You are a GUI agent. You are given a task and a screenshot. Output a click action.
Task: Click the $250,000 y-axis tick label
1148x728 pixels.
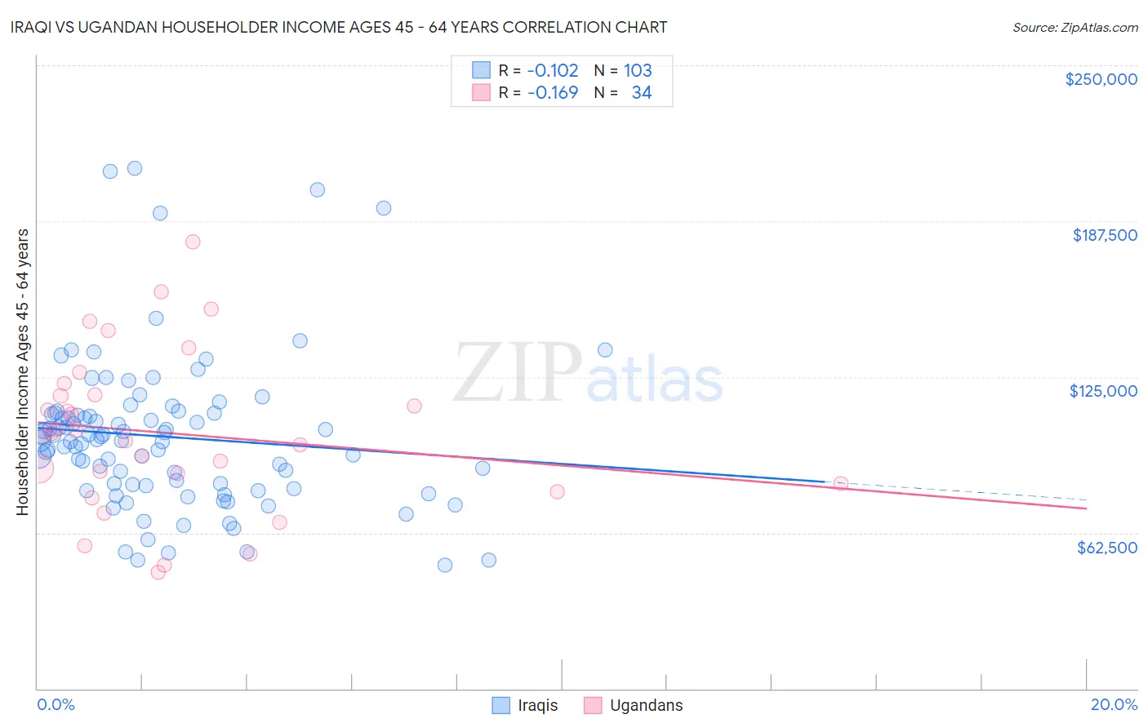pyautogui.click(x=1101, y=79)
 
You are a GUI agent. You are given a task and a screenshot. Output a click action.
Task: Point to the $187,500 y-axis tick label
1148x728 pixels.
pyautogui.click(x=1104, y=235)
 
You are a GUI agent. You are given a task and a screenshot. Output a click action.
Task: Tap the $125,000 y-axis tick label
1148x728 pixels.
pyautogui.click(x=1103, y=391)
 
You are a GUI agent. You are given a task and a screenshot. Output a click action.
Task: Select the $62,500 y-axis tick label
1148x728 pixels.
pyautogui.click(x=1106, y=548)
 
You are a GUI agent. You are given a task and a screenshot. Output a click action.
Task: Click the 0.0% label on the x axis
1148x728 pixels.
pyautogui.click(x=56, y=704)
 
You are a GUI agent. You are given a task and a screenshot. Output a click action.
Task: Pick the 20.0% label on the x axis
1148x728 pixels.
pyautogui.click(x=1114, y=704)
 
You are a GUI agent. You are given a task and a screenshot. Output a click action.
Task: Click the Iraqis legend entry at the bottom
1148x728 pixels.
pyautogui.click(x=537, y=705)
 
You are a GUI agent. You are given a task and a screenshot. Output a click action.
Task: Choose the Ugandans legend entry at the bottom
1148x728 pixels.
pyautogui.click(x=646, y=705)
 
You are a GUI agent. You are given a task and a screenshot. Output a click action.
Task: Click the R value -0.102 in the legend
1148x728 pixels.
pyautogui.click(x=553, y=70)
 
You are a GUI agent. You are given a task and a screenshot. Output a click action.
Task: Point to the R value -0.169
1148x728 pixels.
pyautogui.click(x=553, y=93)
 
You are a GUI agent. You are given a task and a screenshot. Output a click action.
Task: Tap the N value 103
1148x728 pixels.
pyautogui.click(x=638, y=70)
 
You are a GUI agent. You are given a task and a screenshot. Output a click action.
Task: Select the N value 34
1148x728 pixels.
pyautogui.click(x=642, y=93)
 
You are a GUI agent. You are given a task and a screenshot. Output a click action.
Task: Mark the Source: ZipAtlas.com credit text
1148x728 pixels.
pyautogui.click(x=1075, y=28)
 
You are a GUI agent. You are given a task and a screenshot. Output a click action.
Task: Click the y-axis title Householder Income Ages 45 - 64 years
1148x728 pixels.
pyautogui.click(x=23, y=372)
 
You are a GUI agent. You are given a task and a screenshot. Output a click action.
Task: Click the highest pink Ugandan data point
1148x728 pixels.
pyautogui.click(x=193, y=242)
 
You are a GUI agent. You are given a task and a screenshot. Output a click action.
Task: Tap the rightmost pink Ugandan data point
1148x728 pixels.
pyautogui.click(x=840, y=483)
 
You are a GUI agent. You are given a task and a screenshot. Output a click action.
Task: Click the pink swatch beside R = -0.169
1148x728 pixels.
pyautogui.click(x=482, y=93)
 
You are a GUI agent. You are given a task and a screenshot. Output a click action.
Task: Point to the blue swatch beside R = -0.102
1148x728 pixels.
pyautogui.click(x=482, y=70)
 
